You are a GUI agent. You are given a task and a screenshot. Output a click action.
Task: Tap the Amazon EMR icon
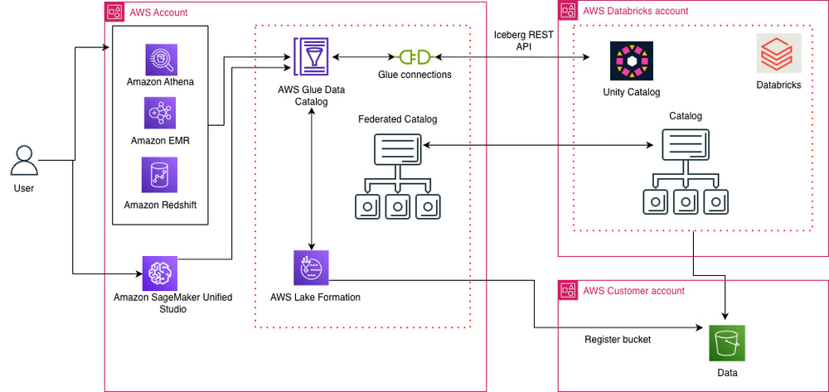click(160, 114)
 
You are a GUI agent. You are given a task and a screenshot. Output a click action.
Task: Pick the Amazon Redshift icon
click(160, 176)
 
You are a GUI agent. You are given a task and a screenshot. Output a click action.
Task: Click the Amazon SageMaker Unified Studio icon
click(160, 272)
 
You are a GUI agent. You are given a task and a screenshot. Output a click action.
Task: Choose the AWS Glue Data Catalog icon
click(309, 57)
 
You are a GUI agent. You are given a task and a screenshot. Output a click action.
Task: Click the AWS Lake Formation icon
click(311, 268)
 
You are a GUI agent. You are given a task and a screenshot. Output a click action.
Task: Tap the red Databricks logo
click(778, 56)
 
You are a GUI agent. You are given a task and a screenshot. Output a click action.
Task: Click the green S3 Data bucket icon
click(726, 342)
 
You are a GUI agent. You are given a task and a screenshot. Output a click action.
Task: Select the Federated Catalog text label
click(397, 119)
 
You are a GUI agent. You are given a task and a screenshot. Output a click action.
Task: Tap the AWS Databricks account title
click(636, 11)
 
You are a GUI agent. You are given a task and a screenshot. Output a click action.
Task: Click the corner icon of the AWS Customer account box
click(568, 290)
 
